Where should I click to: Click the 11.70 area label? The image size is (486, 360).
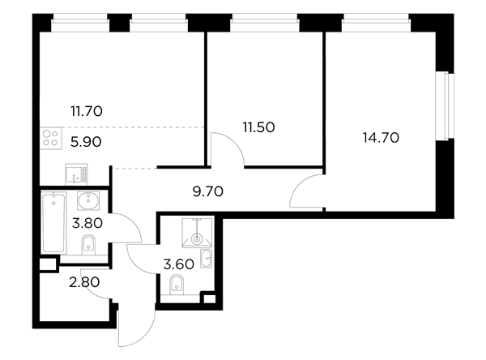pos(87,111)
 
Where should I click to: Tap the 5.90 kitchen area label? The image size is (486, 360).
pos(86,142)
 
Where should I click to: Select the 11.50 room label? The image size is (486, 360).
pos(258,127)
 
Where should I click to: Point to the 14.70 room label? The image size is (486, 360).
pos(381,138)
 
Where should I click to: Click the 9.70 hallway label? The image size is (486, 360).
pos(208,191)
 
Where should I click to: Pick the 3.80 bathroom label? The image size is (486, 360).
pos(87,223)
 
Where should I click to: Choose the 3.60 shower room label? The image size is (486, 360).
pos(179,264)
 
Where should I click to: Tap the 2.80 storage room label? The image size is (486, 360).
pos(84,282)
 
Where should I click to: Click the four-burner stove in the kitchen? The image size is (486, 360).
pos(50,138)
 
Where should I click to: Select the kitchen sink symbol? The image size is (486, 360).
pos(76,174)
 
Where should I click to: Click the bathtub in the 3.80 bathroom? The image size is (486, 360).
pos(54,222)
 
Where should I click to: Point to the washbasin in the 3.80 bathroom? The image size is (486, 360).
pos(88,201)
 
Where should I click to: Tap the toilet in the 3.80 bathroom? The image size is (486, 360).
pos(88,245)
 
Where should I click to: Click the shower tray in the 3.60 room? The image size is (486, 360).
pos(197,233)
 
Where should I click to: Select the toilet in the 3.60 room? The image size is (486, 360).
pos(177,285)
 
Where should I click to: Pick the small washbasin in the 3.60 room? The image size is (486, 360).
pos(206,258)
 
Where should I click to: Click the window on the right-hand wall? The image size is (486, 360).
pos(445,106)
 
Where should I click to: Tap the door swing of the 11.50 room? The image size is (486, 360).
pos(234,142)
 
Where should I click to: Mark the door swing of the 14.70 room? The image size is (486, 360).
pos(297,186)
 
